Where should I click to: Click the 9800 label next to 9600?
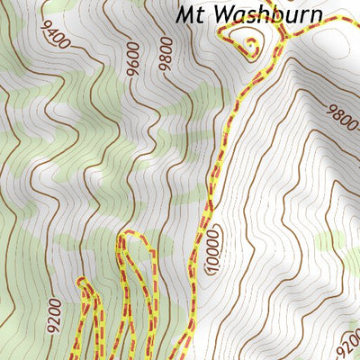164,53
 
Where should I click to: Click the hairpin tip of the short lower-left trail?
84,283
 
